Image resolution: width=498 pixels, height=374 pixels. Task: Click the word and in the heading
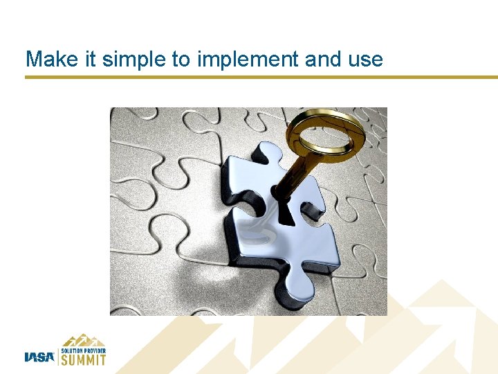(x=323, y=60)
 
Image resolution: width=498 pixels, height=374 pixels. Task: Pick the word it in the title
(x=88, y=60)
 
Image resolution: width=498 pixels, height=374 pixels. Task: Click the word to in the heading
(x=181, y=60)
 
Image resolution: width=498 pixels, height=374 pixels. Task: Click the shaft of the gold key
(x=298, y=170)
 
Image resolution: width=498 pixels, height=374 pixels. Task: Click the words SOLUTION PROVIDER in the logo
(x=84, y=350)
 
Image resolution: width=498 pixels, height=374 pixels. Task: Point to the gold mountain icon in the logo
(x=84, y=339)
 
